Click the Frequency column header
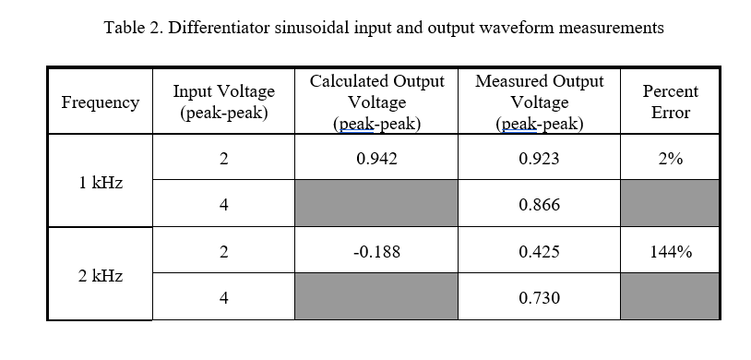tap(100, 102)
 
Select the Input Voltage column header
tap(223, 102)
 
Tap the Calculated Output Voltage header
tap(376, 102)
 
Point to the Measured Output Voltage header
tap(539, 102)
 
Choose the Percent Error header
tap(670, 102)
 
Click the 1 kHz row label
tap(100, 182)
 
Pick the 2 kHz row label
tap(100, 275)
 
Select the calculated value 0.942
tap(376, 159)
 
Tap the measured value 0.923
tap(539, 159)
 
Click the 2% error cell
tap(670, 159)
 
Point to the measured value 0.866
tap(539, 205)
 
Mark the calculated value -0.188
tap(376, 251)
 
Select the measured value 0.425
tap(539, 251)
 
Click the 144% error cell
tap(670, 251)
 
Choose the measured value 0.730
tap(539, 297)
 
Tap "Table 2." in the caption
tap(132, 28)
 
